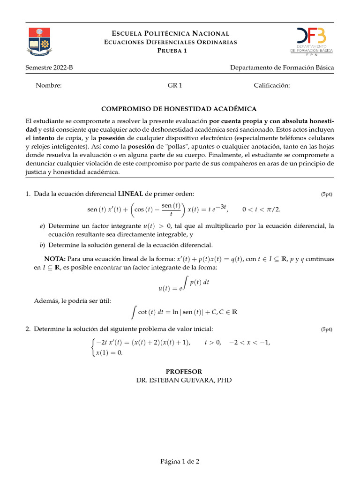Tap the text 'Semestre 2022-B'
tap(49, 67)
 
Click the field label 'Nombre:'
tap(49, 85)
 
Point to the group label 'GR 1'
tap(175, 85)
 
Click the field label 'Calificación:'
tap(272, 85)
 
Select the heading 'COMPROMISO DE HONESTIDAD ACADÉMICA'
tap(180, 109)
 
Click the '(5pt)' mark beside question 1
tap(326, 195)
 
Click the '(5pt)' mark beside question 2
tap(326, 330)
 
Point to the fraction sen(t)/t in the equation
tap(171, 210)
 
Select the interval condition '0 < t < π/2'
tap(261, 209)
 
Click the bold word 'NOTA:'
tap(55, 259)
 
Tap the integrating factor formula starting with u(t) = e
tap(183, 285)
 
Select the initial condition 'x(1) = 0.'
tap(109, 353)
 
